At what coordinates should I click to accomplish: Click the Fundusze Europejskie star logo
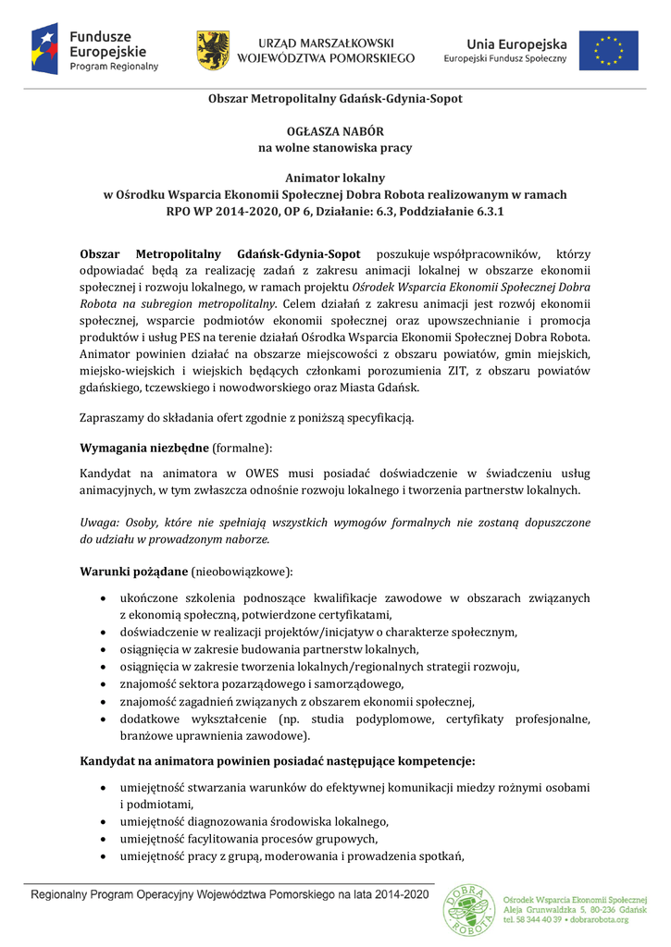(x=45, y=50)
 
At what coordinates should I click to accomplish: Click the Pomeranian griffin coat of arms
(x=213, y=50)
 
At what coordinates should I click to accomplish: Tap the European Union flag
(x=608, y=50)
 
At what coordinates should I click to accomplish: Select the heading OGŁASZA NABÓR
(x=335, y=131)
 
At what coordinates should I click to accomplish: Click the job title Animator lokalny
(x=335, y=178)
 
